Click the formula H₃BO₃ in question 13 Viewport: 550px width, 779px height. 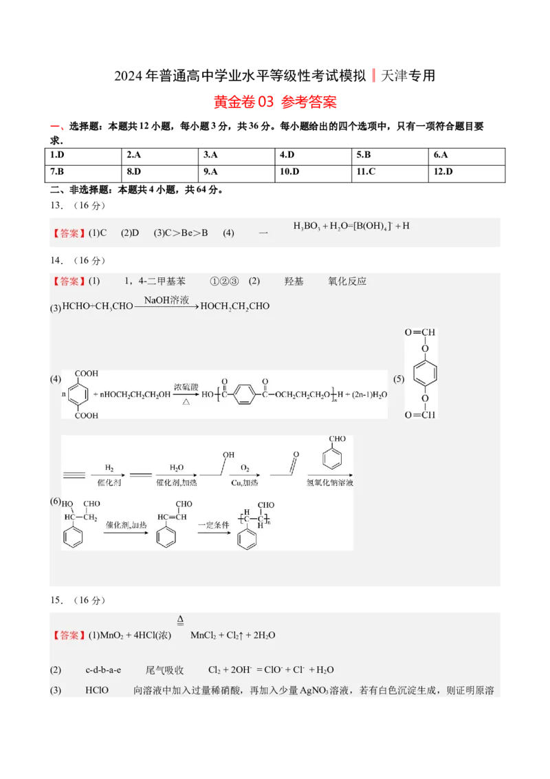pyautogui.click(x=307, y=226)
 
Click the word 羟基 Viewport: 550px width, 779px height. pyautogui.click(x=294, y=281)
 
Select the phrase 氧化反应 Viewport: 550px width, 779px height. pyautogui.click(x=347, y=281)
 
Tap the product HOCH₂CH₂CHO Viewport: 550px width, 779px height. pyautogui.click(x=234, y=306)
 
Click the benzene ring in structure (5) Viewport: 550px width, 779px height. pyautogui.click(x=424, y=374)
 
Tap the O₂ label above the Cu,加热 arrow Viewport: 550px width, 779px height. pyautogui.click(x=245, y=468)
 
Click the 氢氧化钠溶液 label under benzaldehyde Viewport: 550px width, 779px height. pyautogui.click(x=330, y=484)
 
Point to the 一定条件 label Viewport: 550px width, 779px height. pyautogui.click(x=212, y=524)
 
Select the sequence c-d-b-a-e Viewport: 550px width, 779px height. pyautogui.click(x=103, y=670)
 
